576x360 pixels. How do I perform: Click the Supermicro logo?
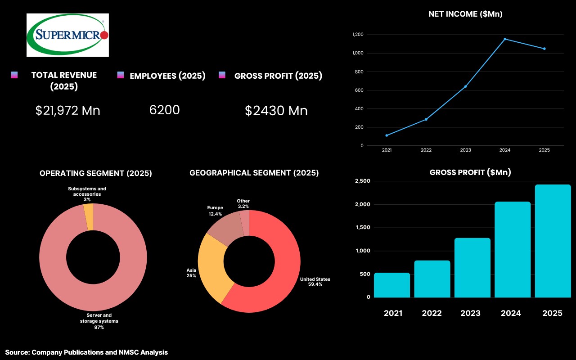tap(67, 35)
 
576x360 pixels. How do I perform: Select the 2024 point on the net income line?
tap(505, 39)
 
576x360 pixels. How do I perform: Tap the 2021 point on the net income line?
tap(387, 135)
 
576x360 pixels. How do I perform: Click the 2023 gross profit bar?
tap(472, 268)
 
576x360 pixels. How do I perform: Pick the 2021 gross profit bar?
tap(392, 285)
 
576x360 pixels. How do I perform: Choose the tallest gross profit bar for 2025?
tap(553, 241)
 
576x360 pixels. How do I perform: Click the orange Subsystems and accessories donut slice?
tap(89, 217)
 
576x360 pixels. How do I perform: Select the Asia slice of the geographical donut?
tap(214, 266)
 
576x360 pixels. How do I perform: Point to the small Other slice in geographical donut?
tap(245, 223)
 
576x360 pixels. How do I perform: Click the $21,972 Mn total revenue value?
tap(67, 111)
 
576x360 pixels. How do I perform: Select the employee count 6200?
tap(165, 110)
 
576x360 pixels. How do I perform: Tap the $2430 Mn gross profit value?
tap(276, 111)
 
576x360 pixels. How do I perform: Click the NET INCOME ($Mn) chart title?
tap(465, 14)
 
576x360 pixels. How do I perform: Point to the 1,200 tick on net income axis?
tap(358, 35)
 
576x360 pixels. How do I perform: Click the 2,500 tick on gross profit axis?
tap(363, 181)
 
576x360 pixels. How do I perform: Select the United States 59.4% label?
tap(315, 282)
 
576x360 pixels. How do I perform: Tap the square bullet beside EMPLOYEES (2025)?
tap(120, 75)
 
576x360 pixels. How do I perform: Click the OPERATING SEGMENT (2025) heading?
tap(96, 173)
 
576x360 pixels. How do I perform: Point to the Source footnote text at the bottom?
tap(86, 352)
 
